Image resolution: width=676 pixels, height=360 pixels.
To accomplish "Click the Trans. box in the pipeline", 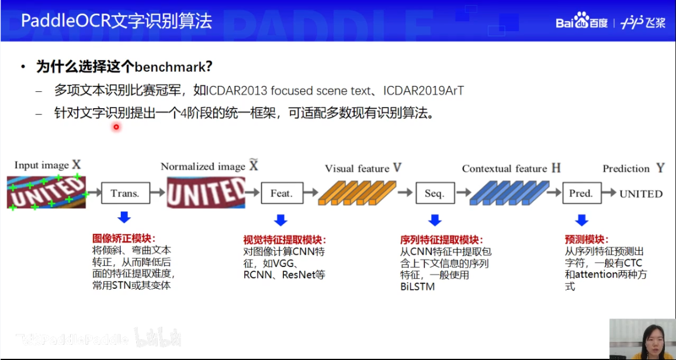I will (x=125, y=193).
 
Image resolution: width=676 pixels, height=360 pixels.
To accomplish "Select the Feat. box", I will (x=281, y=193).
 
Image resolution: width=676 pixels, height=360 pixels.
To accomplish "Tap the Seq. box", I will (x=434, y=193).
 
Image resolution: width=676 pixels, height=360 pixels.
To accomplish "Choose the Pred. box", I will (x=581, y=193).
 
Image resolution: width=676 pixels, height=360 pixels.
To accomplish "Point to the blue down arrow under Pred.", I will (x=581, y=220).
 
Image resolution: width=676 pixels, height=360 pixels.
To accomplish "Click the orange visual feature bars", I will (x=357, y=193).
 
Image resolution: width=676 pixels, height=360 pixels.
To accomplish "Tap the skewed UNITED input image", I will (x=47, y=191).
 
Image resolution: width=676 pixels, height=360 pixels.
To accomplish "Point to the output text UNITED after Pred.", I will (x=641, y=193).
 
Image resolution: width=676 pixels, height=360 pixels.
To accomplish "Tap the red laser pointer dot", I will (x=116, y=127).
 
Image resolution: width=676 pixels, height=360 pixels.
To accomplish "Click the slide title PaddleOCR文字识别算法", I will (x=117, y=22).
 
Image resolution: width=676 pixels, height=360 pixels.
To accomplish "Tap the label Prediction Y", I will (x=633, y=168).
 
